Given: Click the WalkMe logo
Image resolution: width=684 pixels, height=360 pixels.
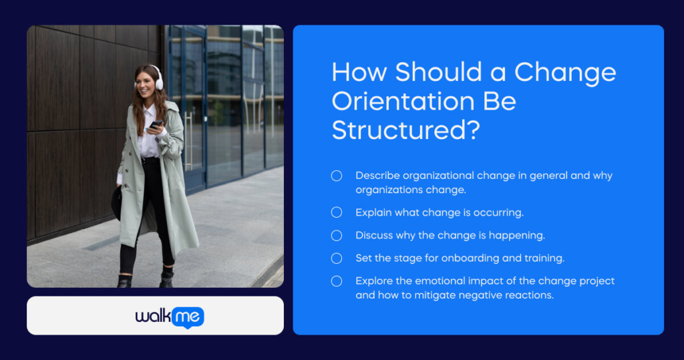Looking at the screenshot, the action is click(x=170, y=317).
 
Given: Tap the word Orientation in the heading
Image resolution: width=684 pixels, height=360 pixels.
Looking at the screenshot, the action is click(x=403, y=102).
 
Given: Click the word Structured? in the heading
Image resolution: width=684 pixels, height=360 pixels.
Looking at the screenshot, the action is click(x=405, y=130).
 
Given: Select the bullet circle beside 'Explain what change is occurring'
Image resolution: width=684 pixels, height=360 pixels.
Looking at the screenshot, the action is click(x=337, y=212).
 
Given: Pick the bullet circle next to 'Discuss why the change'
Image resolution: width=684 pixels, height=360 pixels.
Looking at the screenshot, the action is click(x=337, y=236).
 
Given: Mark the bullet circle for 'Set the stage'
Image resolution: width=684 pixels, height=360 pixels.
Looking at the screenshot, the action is click(x=337, y=258).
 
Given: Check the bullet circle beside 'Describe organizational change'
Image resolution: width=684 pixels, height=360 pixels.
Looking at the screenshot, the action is click(x=337, y=176).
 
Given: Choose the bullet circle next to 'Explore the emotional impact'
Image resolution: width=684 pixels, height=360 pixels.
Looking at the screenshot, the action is click(x=337, y=281).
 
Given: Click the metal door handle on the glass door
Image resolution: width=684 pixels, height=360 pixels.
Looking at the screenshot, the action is click(x=189, y=140).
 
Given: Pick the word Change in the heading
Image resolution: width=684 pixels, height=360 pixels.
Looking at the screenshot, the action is click(x=565, y=72).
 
